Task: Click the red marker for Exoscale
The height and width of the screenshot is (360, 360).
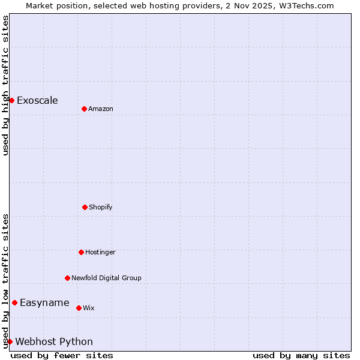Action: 11,100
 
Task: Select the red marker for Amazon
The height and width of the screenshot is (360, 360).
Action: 84,109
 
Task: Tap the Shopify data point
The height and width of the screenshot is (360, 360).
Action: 85,207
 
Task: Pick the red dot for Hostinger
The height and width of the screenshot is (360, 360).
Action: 81,252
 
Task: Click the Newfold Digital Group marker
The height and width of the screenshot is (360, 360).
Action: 67,278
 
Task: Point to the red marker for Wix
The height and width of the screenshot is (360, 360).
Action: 79,308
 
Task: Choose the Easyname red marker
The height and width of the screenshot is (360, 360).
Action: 14,302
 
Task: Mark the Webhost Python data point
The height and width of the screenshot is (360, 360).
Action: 10,341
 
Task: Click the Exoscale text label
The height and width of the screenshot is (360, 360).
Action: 37,100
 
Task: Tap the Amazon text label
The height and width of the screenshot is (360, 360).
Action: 101,109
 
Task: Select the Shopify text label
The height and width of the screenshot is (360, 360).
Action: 101,207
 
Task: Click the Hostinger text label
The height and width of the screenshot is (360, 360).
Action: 100,252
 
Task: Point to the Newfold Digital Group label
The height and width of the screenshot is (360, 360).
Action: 106,278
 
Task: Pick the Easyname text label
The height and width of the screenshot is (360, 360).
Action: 44,302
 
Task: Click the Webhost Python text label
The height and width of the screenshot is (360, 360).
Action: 54,341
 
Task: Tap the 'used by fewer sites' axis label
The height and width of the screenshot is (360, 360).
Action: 62,355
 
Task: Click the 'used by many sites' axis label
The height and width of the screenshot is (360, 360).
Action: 301,355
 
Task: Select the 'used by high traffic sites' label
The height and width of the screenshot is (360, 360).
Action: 5,85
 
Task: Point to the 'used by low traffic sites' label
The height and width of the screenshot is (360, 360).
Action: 5,281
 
